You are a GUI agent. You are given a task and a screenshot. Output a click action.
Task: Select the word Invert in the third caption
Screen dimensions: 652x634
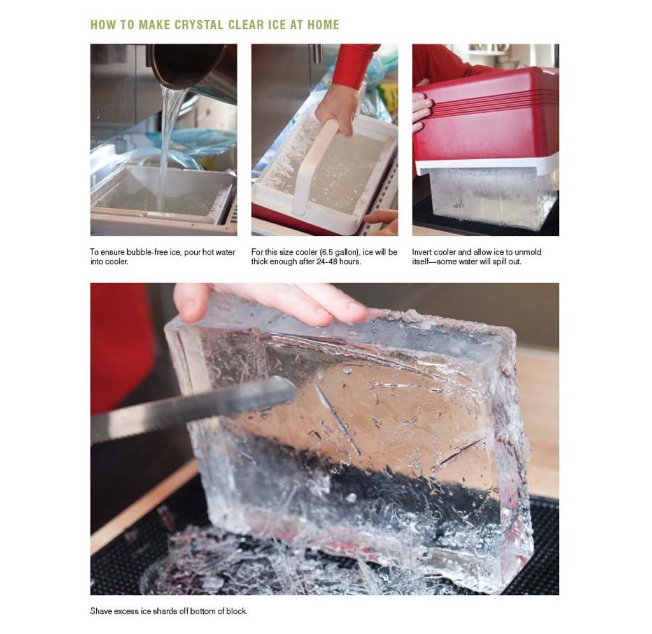click(x=423, y=252)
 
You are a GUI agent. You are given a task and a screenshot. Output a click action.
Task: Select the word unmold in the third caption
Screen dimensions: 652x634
click(x=529, y=252)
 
